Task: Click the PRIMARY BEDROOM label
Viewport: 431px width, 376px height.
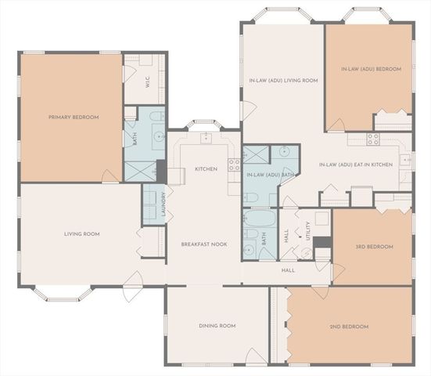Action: click(x=74, y=117)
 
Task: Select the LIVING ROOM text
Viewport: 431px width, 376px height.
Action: click(x=81, y=233)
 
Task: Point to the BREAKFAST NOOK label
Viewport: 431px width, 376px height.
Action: click(x=204, y=244)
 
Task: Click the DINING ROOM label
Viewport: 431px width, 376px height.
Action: click(x=217, y=326)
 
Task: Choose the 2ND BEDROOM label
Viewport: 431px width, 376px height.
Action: click(x=349, y=326)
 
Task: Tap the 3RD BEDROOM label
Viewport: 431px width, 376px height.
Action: click(x=375, y=247)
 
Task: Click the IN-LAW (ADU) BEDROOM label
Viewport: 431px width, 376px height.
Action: click(x=371, y=69)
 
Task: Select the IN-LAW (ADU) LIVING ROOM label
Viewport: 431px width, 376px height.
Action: click(x=282, y=80)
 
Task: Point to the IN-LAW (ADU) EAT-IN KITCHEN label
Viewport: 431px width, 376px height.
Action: click(x=356, y=165)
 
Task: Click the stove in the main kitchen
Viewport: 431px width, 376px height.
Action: click(x=233, y=164)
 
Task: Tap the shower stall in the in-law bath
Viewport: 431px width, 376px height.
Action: click(x=254, y=154)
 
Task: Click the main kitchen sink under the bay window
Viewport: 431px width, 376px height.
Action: click(x=206, y=138)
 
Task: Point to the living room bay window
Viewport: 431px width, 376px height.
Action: click(x=63, y=292)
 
